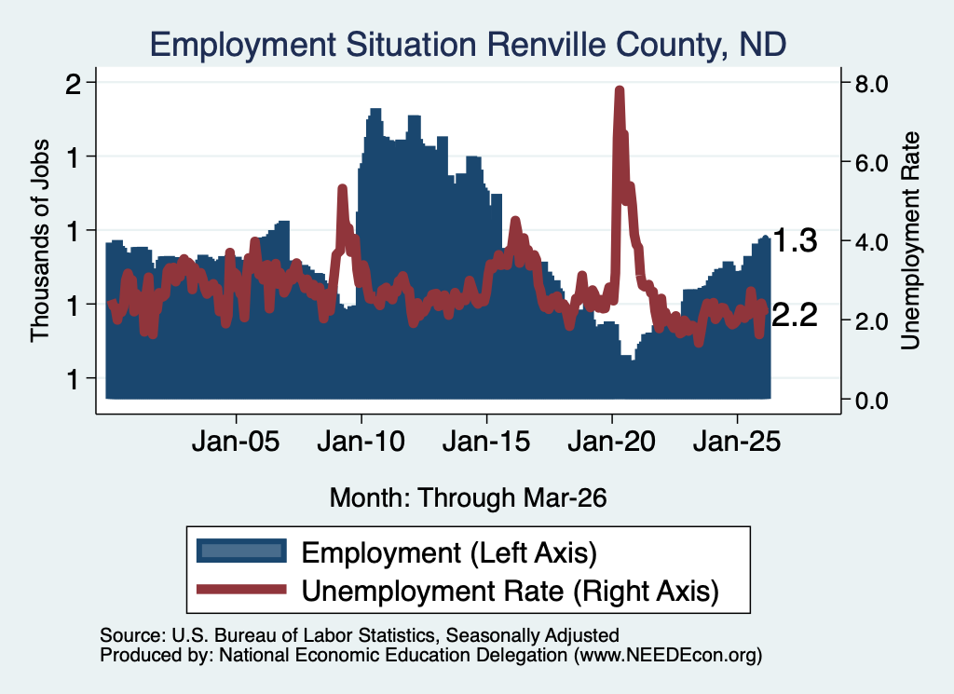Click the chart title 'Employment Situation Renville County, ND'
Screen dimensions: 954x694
point(468,45)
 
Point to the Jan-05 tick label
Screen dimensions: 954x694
point(236,442)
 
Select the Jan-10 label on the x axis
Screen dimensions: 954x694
point(361,442)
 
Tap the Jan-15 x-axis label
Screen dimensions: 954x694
point(486,442)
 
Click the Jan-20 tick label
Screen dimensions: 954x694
point(612,442)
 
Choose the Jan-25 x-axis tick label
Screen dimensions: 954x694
point(737,442)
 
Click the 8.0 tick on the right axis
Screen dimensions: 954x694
point(872,84)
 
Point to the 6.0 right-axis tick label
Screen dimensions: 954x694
point(872,163)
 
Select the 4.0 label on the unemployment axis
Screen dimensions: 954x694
point(872,242)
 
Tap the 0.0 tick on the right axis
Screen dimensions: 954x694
point(872,401)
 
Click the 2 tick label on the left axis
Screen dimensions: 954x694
point(74,84)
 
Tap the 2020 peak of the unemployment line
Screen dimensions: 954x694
point(620,90)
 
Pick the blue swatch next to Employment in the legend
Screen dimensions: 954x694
point(241,551)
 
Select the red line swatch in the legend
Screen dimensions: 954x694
point(241,590)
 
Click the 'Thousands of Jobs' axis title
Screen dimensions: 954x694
point(40,241)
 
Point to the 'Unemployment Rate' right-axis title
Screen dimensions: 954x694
point(910,241)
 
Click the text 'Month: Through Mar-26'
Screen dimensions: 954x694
point(468,497)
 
